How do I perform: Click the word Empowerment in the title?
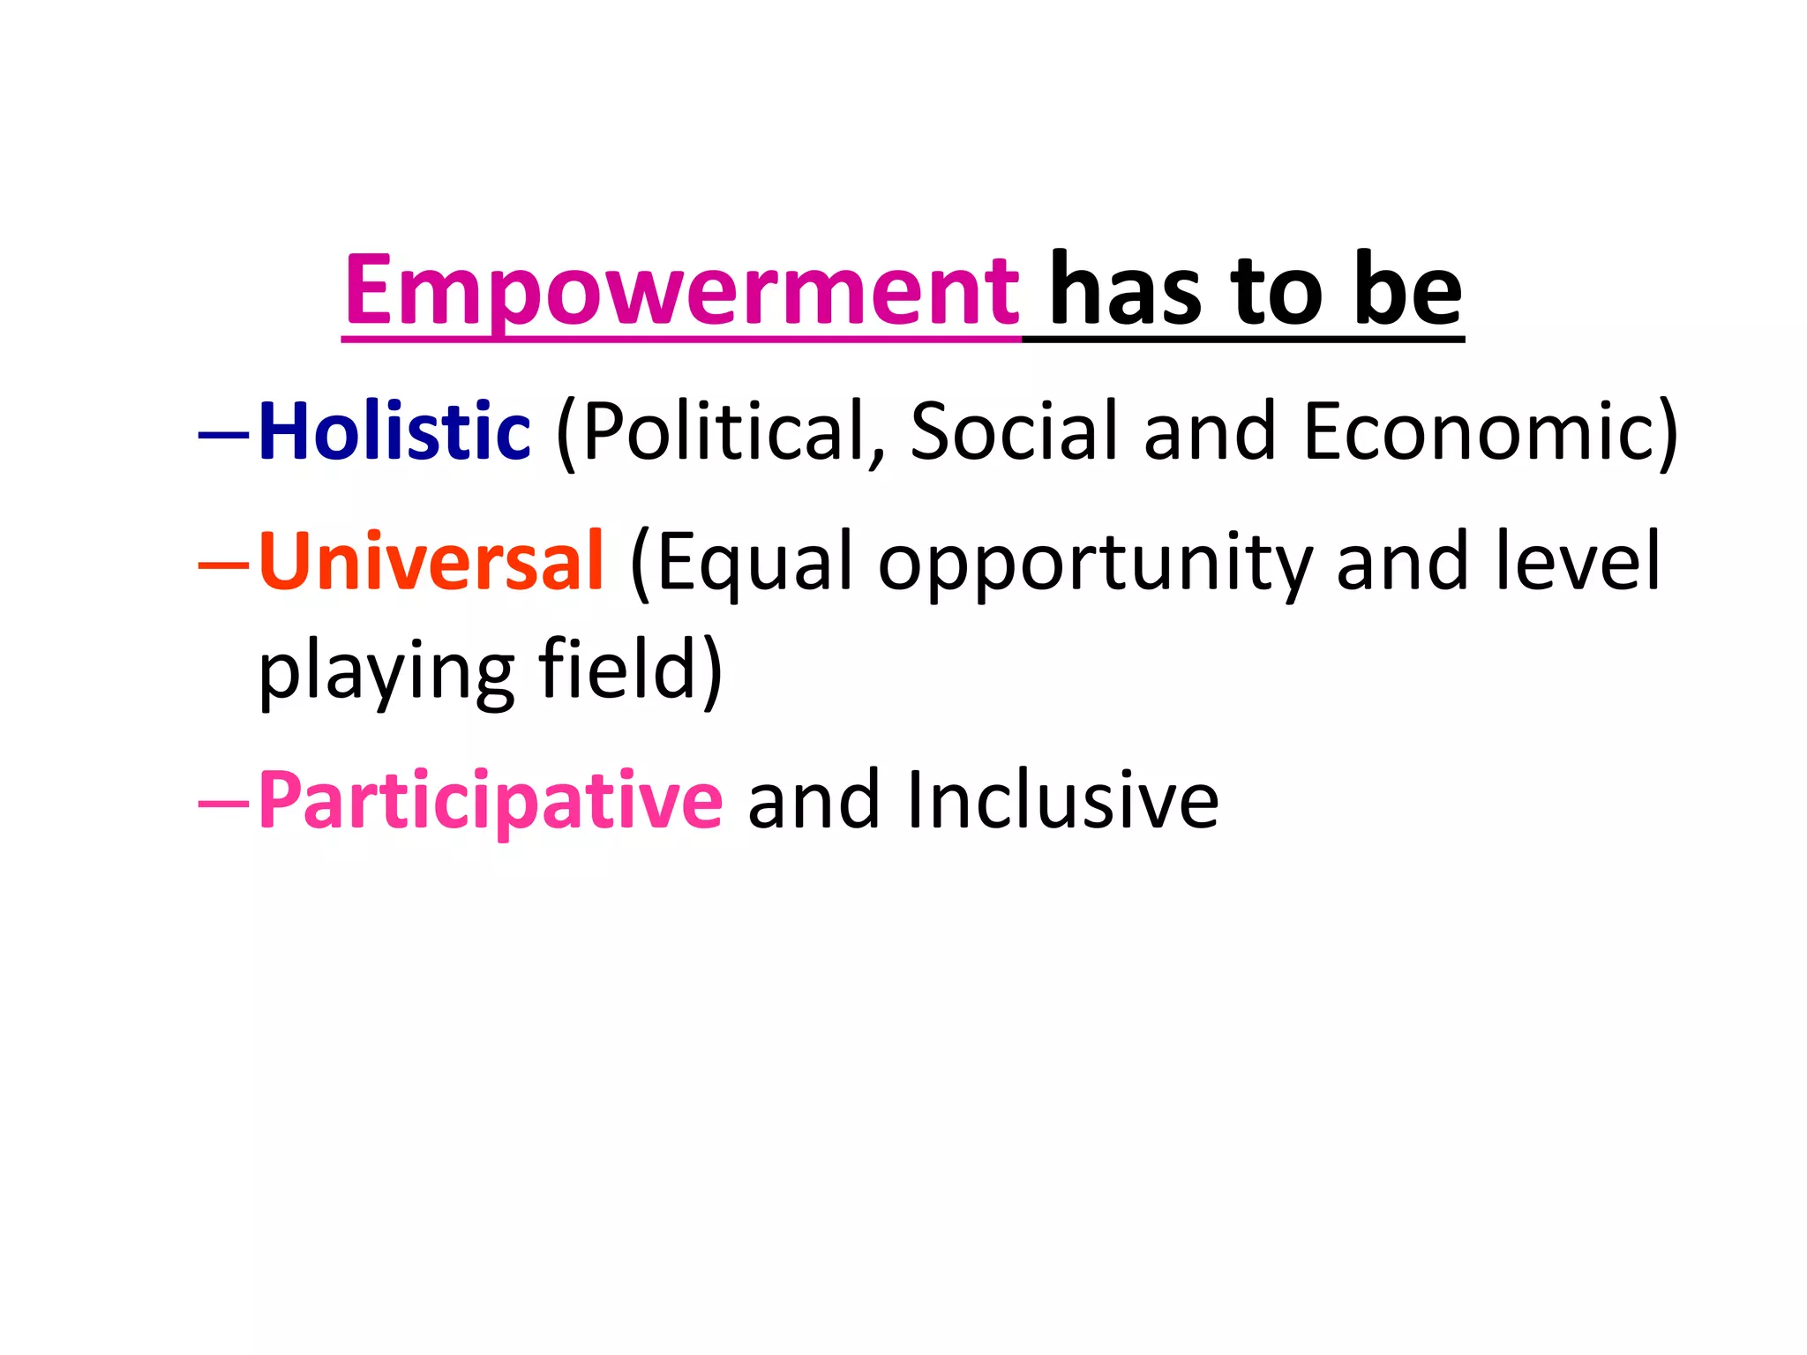pyautogui.click(x=681, y=291)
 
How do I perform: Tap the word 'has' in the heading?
pyautogui.click(x=1125, y=291)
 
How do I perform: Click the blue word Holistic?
pyautogui.click(x=394, y=431)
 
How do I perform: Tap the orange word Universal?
pyautogui.click(x=431, y=562)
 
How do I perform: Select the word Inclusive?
pyautogui.click(x=1062, y=800)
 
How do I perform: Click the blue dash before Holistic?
pyautogui.click(x=224, y=434)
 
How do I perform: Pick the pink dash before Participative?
pyautogui.click(x=224, y=803)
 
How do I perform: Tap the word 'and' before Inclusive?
pyautogui.click(x=814, y=800)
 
